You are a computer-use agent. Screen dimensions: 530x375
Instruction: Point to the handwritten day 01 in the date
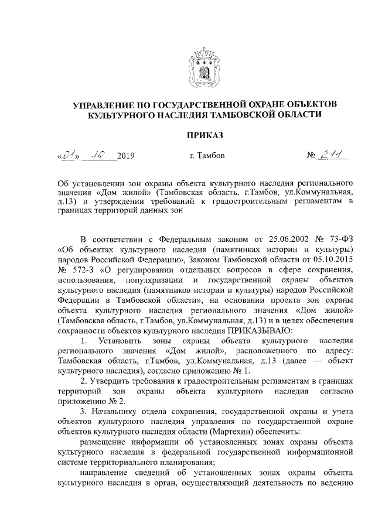coord(69,156)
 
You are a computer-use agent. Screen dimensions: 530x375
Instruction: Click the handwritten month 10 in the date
coord(96,155)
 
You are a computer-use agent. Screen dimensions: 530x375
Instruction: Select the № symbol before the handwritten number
coord(311,156)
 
